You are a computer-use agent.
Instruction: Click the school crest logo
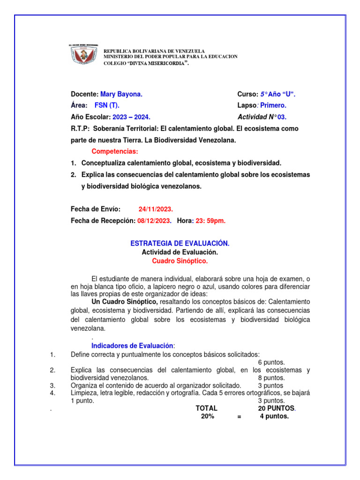click(85, 57)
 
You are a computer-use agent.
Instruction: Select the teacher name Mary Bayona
click(121, 94)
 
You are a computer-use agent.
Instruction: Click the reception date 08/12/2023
click(154, 220)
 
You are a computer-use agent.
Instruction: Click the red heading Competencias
click(115, 151)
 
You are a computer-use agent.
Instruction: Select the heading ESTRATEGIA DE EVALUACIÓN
click(180, 244)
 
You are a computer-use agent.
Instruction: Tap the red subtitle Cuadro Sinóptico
click(180, 261)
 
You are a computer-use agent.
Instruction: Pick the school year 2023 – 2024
click(132, 117)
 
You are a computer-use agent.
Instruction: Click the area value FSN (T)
click(107, 105)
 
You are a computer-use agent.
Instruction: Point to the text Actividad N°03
click(265, 117)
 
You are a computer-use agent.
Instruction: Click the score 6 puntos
click(271, 362)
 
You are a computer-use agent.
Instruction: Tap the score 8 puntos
click(271, 378)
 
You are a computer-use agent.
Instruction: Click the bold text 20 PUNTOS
click(277, 408)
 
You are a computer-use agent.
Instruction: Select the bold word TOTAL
click(207, 408)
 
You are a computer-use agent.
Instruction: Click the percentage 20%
click(207, 416)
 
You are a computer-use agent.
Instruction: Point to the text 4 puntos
click(274, 416)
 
